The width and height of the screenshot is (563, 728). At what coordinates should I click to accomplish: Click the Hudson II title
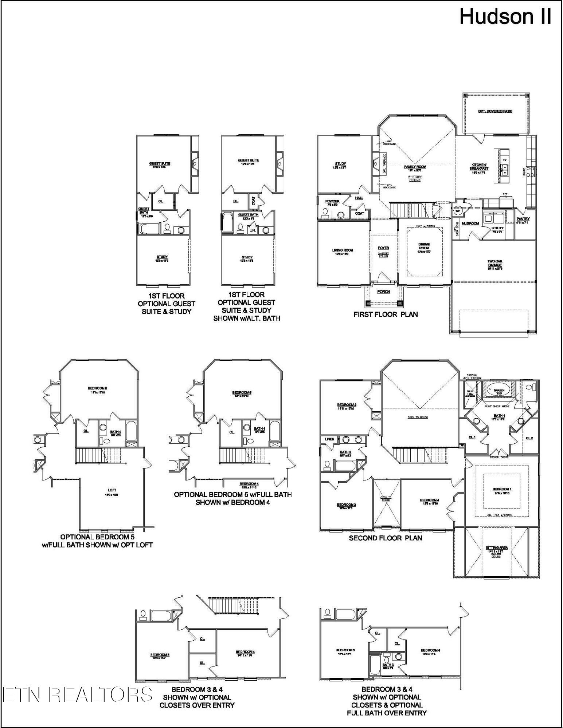[505, 17]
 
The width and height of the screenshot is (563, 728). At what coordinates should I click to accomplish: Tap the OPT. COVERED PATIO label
[495, 111]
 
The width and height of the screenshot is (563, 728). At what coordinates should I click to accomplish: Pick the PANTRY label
[523, 219]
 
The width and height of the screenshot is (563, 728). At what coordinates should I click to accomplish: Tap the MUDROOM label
[470, 223]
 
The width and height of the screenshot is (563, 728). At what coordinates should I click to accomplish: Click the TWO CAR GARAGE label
[495, 263]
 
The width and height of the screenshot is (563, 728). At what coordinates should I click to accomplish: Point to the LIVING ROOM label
[343, 250]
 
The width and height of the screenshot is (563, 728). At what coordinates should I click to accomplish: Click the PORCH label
[383, 292]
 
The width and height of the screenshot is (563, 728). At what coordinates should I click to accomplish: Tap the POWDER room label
[332, 201]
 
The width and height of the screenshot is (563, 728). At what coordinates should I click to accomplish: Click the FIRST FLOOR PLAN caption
[386, 314]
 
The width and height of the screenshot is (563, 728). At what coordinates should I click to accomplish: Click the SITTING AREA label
[497, 548]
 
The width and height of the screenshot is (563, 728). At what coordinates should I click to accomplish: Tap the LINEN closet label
[329, 439]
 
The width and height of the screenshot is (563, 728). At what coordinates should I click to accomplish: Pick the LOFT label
[112, 490]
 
